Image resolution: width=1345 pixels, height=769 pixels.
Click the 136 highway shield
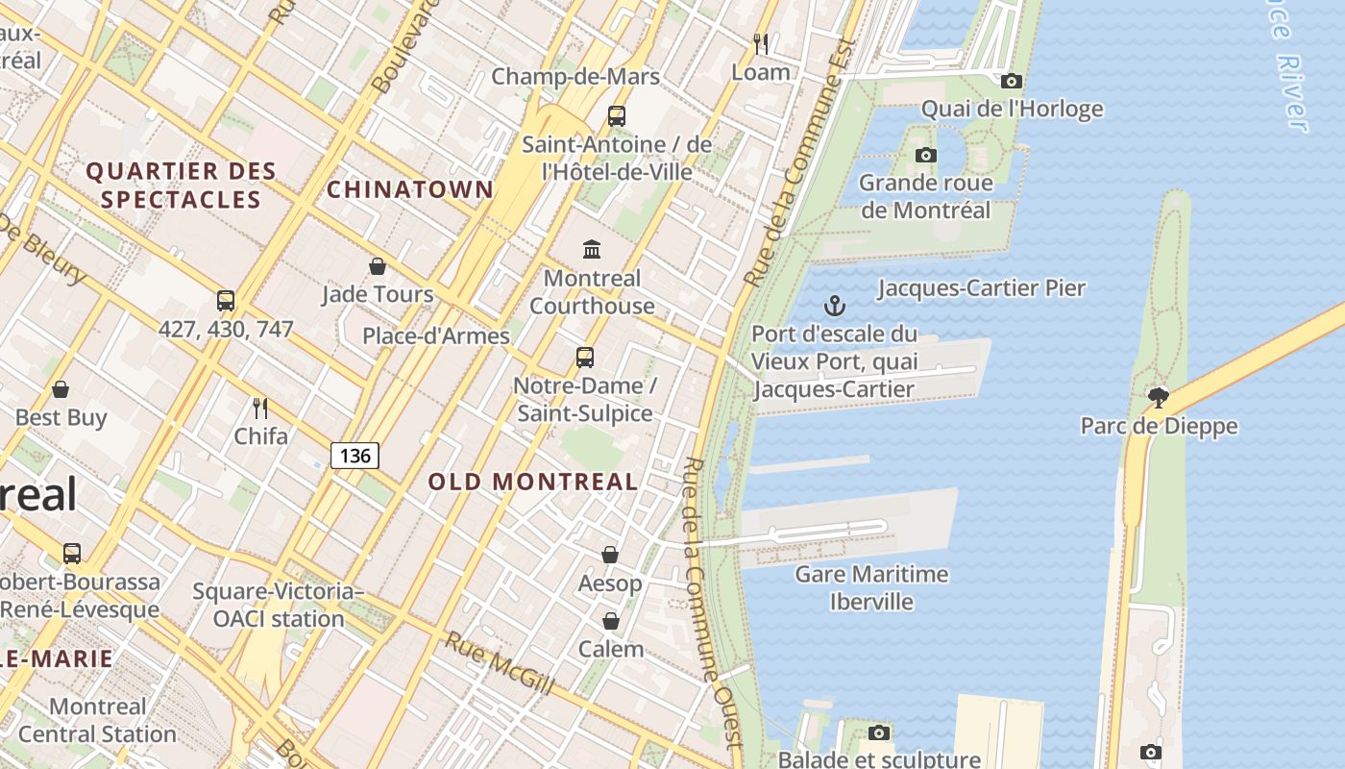coord(355,455)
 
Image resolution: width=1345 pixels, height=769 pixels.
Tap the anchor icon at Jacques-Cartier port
coord(835,307)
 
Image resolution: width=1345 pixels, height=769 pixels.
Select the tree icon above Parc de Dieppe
coord(1159,397)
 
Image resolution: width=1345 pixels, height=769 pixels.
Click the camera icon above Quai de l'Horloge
coord(1011,82)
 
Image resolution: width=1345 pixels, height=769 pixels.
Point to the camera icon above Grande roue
coord(925,155)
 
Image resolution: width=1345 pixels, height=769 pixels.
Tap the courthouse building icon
coord(592,250)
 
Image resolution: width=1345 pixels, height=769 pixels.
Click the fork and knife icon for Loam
coord(761,44)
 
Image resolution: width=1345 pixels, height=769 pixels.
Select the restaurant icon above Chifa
coord(260,408)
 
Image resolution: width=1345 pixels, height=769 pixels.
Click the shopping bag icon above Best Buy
coord(61,389)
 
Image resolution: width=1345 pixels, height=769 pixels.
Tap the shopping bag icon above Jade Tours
coord(378,265)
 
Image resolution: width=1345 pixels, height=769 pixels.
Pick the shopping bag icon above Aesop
coord(610,555)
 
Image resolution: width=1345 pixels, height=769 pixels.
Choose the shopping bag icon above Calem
coord(610,621)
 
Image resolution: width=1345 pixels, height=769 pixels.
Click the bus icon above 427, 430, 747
coord(226,301)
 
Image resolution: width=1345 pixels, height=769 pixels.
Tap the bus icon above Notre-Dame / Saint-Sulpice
coord(584,358)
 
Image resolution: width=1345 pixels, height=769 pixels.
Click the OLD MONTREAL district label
coord(533,482)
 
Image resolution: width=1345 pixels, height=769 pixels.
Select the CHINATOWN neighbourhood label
coord(410,189)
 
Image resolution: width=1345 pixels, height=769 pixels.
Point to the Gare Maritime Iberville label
coord(871,588)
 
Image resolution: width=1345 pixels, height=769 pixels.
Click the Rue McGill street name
coord(499,663)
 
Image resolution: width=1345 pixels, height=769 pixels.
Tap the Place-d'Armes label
coord(435,335)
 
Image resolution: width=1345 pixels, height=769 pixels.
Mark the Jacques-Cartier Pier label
coord(981,287)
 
